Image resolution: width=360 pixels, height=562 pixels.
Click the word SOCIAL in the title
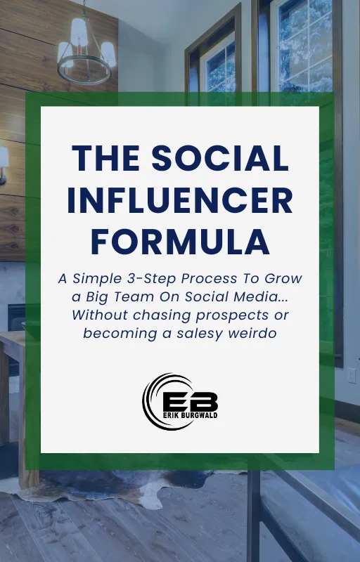coord(224,159)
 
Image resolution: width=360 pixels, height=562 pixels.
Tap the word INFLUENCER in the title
coord(180,201)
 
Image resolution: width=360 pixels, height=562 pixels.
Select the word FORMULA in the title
coord(180,242)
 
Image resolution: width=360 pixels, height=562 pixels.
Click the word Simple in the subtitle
coord(101,278)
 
